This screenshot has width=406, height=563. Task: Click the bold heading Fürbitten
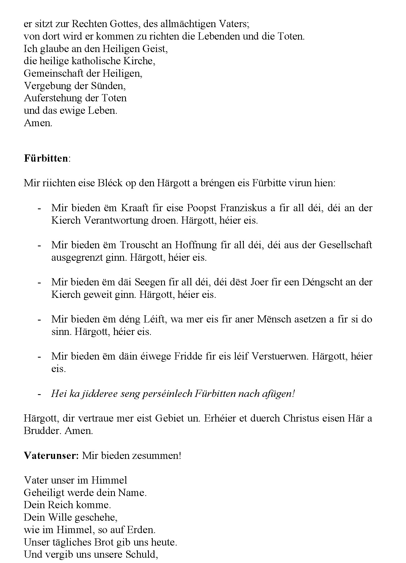tap(46, 158)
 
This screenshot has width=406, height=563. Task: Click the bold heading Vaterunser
tap(51, 456)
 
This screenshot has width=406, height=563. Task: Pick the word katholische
tap(97, 61)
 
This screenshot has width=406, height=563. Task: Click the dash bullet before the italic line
tap(40, 394)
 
